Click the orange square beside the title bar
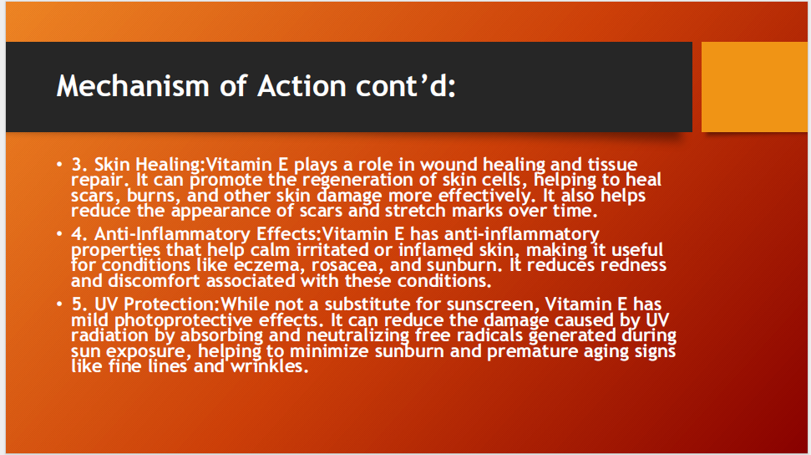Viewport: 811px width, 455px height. pyautogui.click(x=755, y=87)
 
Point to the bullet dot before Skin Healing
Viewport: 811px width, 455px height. pyautogui.click(x=59, y=165)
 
